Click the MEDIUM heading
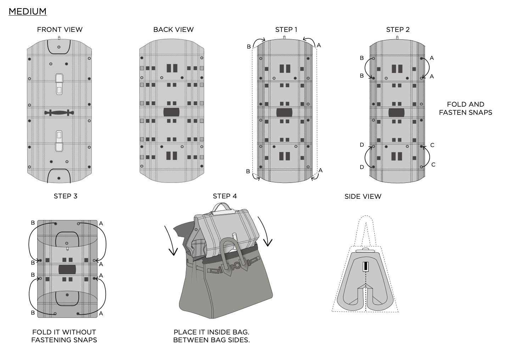[28, 11]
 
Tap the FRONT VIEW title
[60, 29]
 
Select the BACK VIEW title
[173, 29]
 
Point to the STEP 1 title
[286, 29]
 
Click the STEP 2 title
[398, 29]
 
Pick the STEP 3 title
[66, 196]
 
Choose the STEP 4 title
[225, 196]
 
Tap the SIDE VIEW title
[363, 196]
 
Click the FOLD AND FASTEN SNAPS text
[466, 108]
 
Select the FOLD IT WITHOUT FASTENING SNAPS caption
[64, 336]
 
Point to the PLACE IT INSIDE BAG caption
[211, 336]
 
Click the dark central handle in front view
[59, 113]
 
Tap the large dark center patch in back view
[171, 112]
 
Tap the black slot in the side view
[365, 266]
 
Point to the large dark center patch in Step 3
[67, 269]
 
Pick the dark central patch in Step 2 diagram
[396, 113]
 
